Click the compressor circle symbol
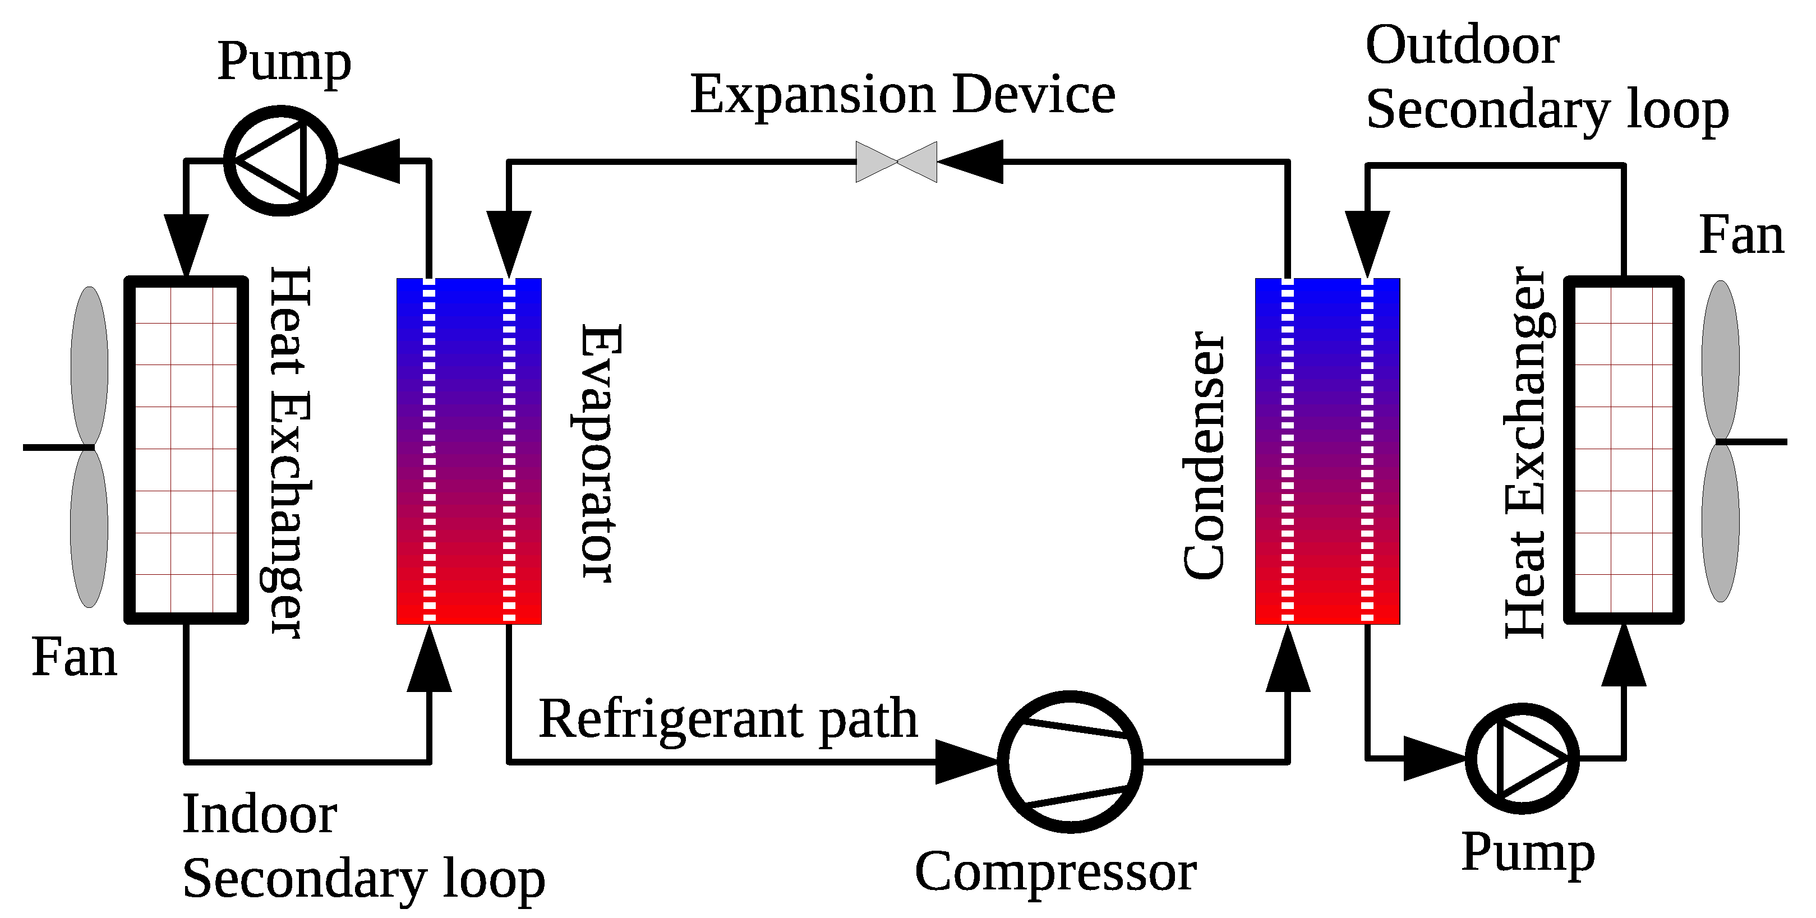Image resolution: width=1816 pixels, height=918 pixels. click(x=1070, y=762)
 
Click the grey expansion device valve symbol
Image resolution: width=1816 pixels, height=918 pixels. click(x=896, y=162)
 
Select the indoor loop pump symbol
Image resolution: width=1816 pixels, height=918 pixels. click(x=280, y=161)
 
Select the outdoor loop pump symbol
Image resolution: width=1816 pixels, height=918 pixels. click(x=1522, y=758)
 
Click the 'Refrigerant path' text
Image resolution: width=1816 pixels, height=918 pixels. click(x=728, y=719)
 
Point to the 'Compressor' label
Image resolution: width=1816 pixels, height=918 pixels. click(x=1056, y=872)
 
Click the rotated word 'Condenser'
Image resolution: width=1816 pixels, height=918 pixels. click(x=1204, y=455)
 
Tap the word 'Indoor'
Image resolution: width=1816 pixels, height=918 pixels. click(x=260, y=814)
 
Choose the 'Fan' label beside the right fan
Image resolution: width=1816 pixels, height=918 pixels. click(x=1741, y=236)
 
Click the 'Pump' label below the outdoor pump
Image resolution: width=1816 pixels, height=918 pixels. click(x=1528, y=852)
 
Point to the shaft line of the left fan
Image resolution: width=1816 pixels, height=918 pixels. click(x=57, y=448)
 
